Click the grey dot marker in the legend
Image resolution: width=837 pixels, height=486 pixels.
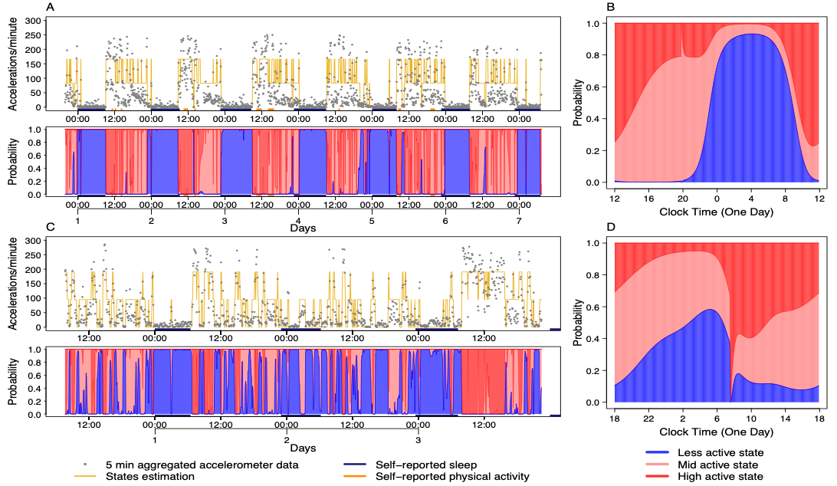[x=84, y=464]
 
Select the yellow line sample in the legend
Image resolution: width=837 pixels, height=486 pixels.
[x=84, y=476]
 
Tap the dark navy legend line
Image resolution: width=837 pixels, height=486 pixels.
[x=354, y=464]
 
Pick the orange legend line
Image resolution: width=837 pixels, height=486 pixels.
[x=354, y=476]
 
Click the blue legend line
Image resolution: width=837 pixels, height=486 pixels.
[x=657, y=452]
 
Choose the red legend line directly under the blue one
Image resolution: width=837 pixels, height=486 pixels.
[x=657, y=464]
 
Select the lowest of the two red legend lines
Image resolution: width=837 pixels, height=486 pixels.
[x=657, y=476]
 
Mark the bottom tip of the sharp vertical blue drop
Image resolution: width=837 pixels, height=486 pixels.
[x=730, y=401]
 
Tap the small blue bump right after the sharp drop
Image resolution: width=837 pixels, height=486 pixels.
[x=738, y=374]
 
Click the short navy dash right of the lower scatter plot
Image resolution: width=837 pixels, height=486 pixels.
[x=555, y=329]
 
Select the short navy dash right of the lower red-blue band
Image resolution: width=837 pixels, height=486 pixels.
[x=555, y=415]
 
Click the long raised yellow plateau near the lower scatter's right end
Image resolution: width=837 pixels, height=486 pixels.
[x=492, y=273]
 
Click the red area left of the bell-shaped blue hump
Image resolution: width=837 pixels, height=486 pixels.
[x=652, y=100]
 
